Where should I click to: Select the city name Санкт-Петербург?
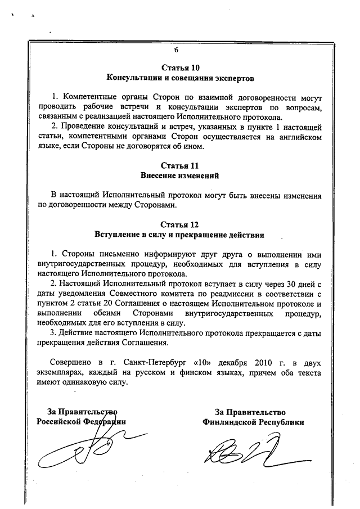click(x=145, y=362)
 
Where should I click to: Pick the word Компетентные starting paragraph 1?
click(x=88, y=97)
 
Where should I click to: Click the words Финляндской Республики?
click(x=254, y=422)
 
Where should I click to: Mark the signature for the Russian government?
click(x=84, y=447)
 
